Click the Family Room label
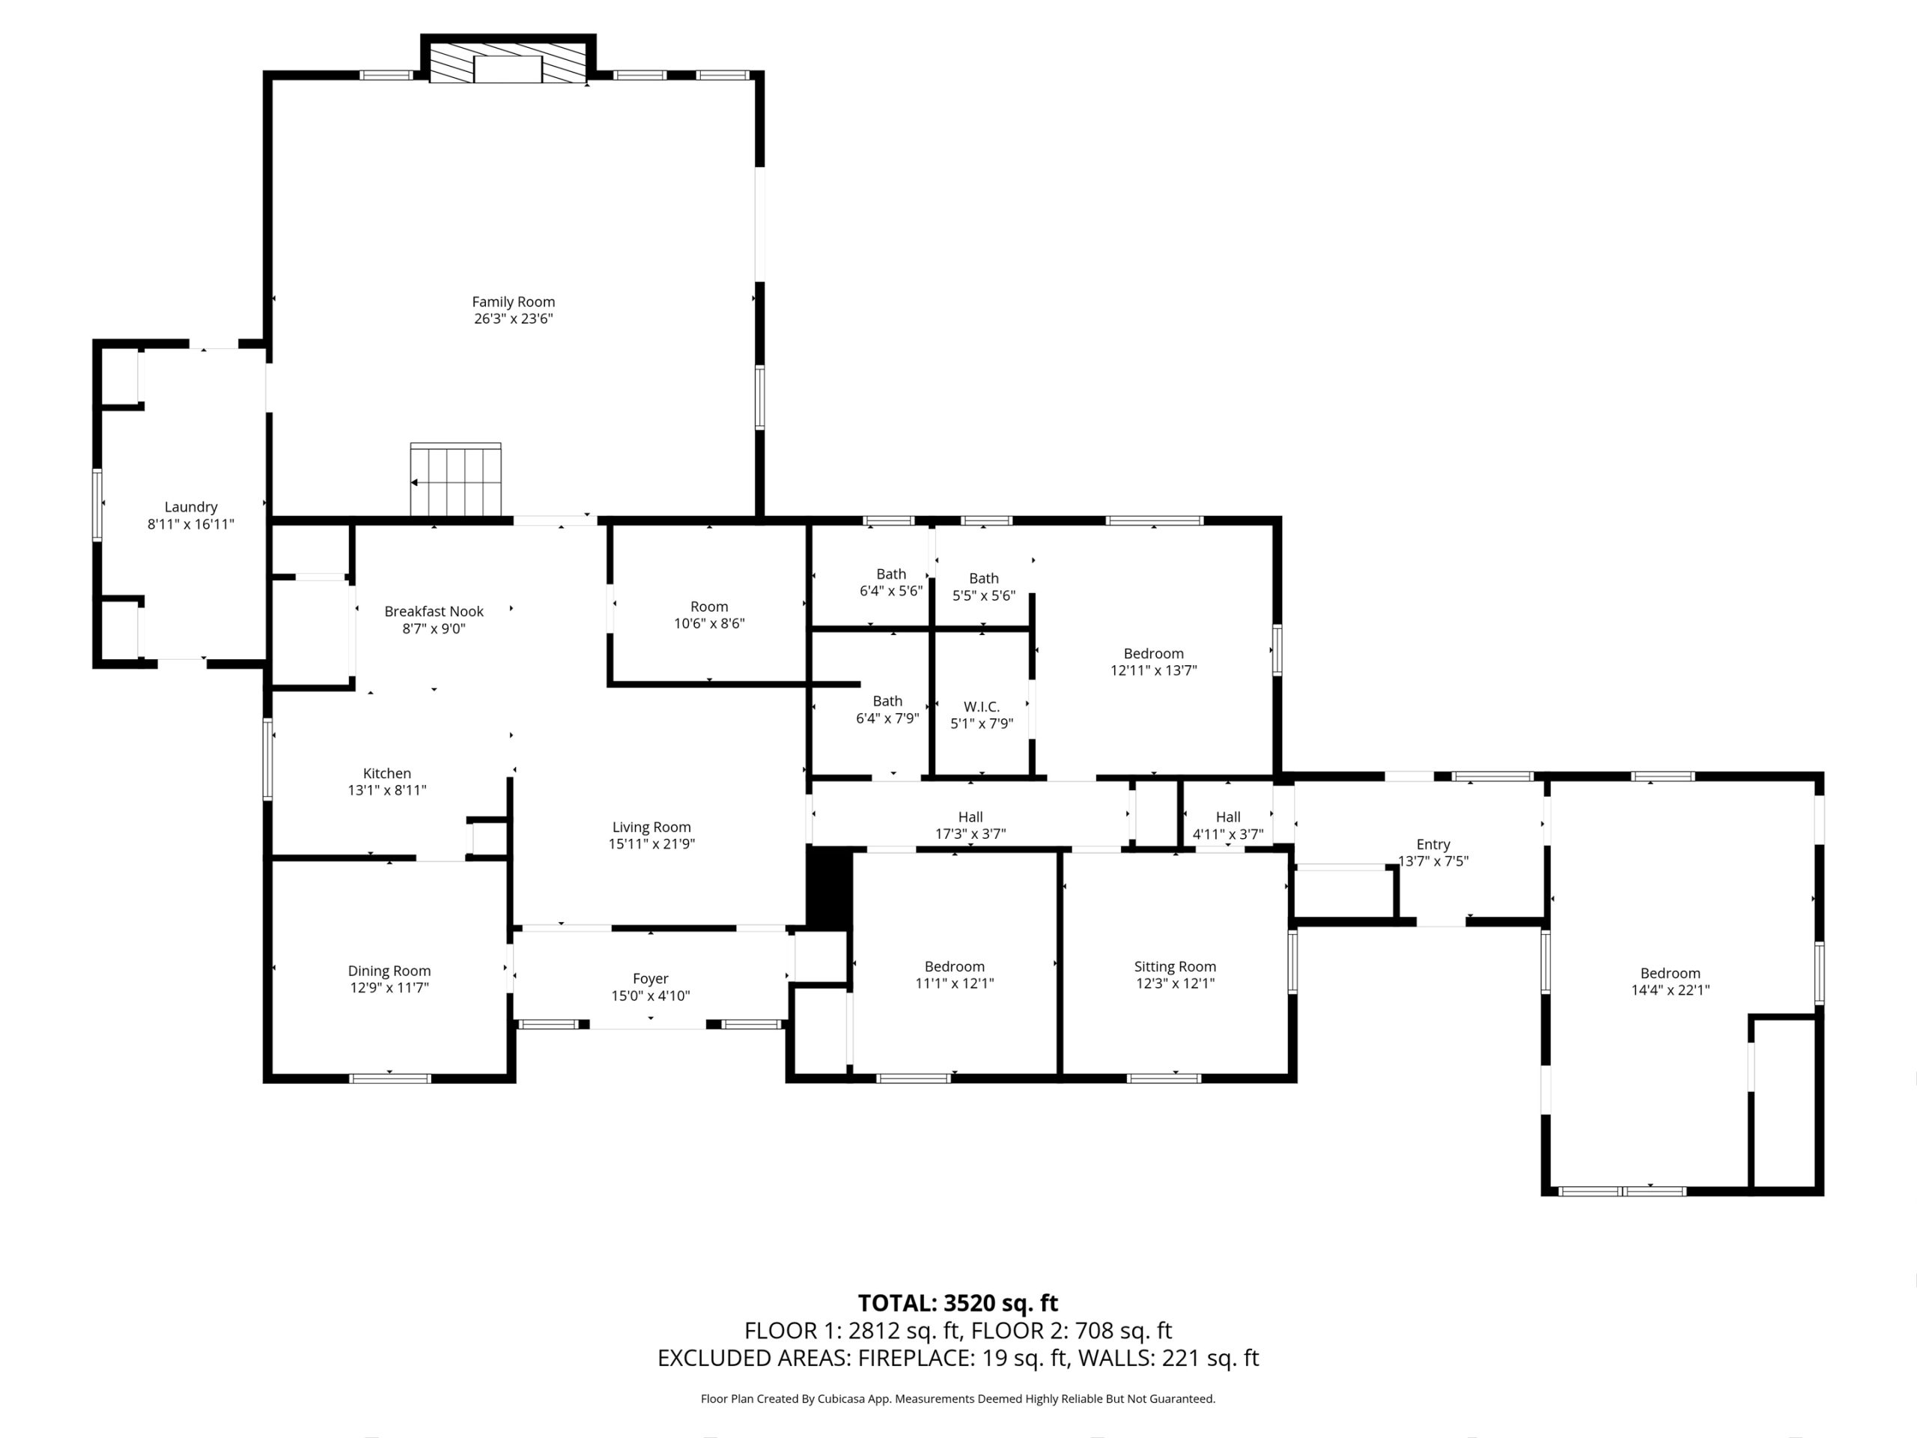point(513,302)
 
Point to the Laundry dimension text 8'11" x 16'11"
point(191,524)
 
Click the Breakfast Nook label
point(434,611)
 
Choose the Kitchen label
point(386,773)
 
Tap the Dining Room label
point(389,971)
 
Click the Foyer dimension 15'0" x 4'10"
point(650,996)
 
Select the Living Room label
point(651,827)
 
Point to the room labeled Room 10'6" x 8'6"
point(709,615)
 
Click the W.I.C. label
point(981,706)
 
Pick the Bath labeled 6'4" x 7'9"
point(887,709)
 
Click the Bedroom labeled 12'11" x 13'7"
point(1152,661)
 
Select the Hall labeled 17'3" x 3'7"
point(970,825)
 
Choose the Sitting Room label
point(1174,966)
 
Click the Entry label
point(1433,844)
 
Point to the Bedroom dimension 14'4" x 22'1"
point(1669,990)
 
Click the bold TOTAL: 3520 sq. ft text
point(958,1302)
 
